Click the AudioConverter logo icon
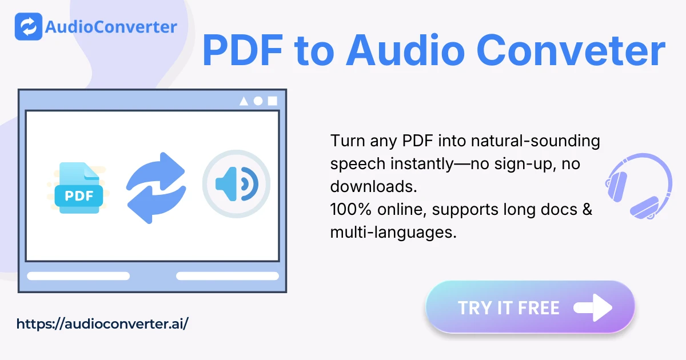click(29, 26)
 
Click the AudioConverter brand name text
click(111, 26)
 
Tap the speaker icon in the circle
click(237, 184)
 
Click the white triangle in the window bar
click(244, 101)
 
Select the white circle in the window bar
click(258, 101)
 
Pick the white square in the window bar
click(273, 101)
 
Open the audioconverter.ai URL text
click(102, 324)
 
